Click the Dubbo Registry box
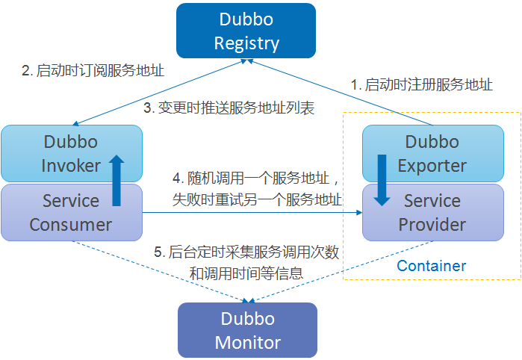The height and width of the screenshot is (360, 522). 246,31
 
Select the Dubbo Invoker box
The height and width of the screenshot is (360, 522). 71,153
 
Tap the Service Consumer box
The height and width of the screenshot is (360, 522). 71,213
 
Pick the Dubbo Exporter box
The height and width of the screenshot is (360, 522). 432,153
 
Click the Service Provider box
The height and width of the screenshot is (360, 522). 432,213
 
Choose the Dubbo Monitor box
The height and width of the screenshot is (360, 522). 247,331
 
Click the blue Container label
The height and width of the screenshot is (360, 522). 431,266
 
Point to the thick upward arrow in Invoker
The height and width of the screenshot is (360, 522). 116,180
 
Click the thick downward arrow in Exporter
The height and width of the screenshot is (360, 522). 382,180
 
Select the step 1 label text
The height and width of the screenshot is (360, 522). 422,85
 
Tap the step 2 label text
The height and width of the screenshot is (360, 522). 93,71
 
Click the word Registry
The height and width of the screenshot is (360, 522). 246,43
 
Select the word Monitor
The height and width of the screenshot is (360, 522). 247,343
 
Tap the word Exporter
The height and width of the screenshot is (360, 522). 432,165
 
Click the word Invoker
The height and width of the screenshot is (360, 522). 71,165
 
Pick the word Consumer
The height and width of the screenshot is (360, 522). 71,225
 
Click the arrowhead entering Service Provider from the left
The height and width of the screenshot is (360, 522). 358,212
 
